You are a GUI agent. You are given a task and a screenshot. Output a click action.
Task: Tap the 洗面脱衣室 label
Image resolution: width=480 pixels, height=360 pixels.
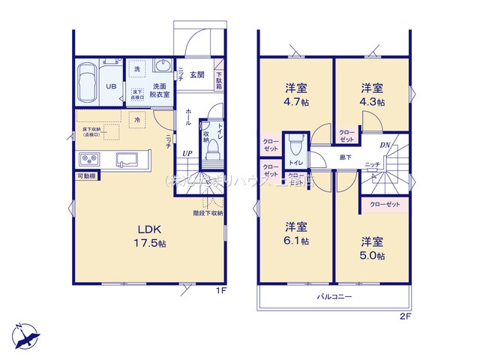pos(160,90)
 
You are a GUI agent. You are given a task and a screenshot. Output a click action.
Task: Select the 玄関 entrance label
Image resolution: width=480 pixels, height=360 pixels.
pos(196,74)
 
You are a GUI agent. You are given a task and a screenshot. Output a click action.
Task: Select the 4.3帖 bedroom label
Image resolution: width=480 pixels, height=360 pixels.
pos(371,94)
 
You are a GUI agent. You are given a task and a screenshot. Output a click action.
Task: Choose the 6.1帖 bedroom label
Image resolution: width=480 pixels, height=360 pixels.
pos(295,233)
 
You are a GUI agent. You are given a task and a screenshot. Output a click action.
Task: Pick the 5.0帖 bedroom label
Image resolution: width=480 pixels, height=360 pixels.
pos(371,248)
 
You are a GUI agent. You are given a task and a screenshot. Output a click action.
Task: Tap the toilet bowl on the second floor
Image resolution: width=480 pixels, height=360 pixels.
pos(295,142)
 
